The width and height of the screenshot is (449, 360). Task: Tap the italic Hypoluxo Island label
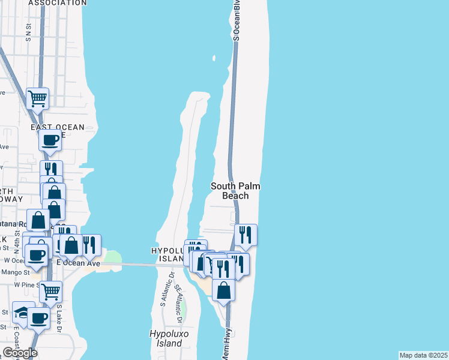[x=166, y=338]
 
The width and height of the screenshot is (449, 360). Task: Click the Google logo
[x=20, y=353]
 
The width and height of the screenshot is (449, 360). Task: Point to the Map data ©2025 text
[x=424, y=355]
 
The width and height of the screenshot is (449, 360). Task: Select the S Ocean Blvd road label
[x=237, y=21]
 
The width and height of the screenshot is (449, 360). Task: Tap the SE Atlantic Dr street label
[x=178, y=298]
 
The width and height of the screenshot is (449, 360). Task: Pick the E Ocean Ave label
[x=78, y=263]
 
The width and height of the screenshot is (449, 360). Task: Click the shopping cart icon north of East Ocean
[x=37, y=98]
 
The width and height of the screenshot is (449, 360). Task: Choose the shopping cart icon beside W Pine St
[x=50, y=291]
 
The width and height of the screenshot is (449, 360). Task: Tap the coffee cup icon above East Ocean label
[x=49, y=140]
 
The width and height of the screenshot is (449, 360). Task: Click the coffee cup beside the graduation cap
[x=38, y=318]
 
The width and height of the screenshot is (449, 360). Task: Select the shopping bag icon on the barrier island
[x=223, y=290]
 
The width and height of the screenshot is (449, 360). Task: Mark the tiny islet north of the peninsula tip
[x=213, y=58]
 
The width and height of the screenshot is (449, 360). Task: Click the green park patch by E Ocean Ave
[x=113, y=259]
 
